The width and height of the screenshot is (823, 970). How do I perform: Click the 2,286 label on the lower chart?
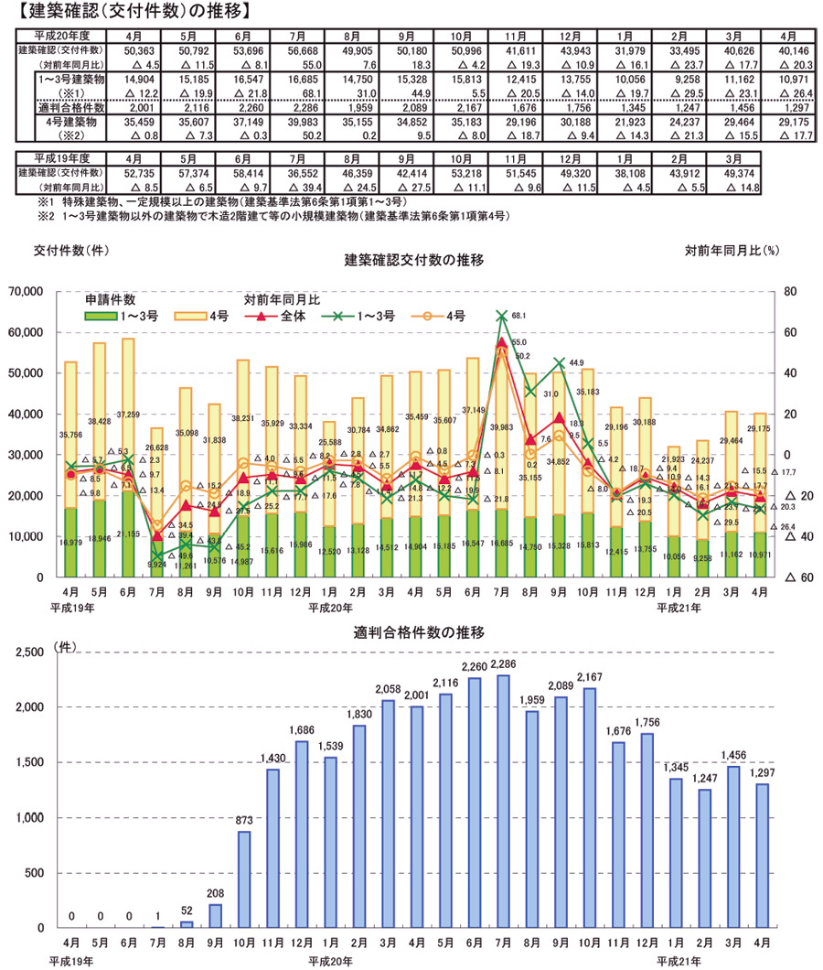[503, 663]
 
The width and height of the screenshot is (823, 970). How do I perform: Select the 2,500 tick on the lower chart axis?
[33, 652]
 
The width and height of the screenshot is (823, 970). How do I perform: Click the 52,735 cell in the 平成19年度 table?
[133, 171]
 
